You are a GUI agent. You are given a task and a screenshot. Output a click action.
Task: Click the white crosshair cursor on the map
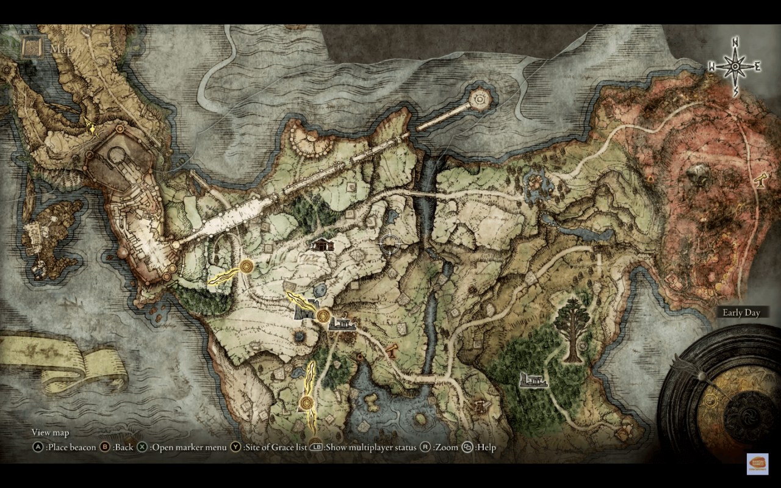390,244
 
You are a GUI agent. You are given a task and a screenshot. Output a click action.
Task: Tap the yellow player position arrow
92,128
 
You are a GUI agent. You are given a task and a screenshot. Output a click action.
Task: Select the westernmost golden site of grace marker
247,267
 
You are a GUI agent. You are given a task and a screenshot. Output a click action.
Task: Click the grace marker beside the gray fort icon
323,315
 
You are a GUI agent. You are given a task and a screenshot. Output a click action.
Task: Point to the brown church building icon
322,245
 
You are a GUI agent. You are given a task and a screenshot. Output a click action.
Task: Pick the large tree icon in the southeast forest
573,329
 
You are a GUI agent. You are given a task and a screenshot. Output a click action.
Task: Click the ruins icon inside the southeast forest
533,380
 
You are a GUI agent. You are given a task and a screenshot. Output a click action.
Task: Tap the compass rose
736,65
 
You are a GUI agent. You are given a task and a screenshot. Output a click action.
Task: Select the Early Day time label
741,313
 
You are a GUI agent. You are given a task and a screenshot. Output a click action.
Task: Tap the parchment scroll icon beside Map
31,47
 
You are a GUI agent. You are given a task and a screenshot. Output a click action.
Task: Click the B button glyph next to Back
106,447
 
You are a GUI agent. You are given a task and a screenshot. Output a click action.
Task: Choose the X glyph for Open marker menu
142,447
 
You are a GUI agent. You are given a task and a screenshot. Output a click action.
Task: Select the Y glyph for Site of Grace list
236,447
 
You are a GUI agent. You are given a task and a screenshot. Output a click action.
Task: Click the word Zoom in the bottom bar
447,447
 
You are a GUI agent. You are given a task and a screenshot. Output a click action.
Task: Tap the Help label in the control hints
486,447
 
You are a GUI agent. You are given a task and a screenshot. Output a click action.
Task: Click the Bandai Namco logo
757,464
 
